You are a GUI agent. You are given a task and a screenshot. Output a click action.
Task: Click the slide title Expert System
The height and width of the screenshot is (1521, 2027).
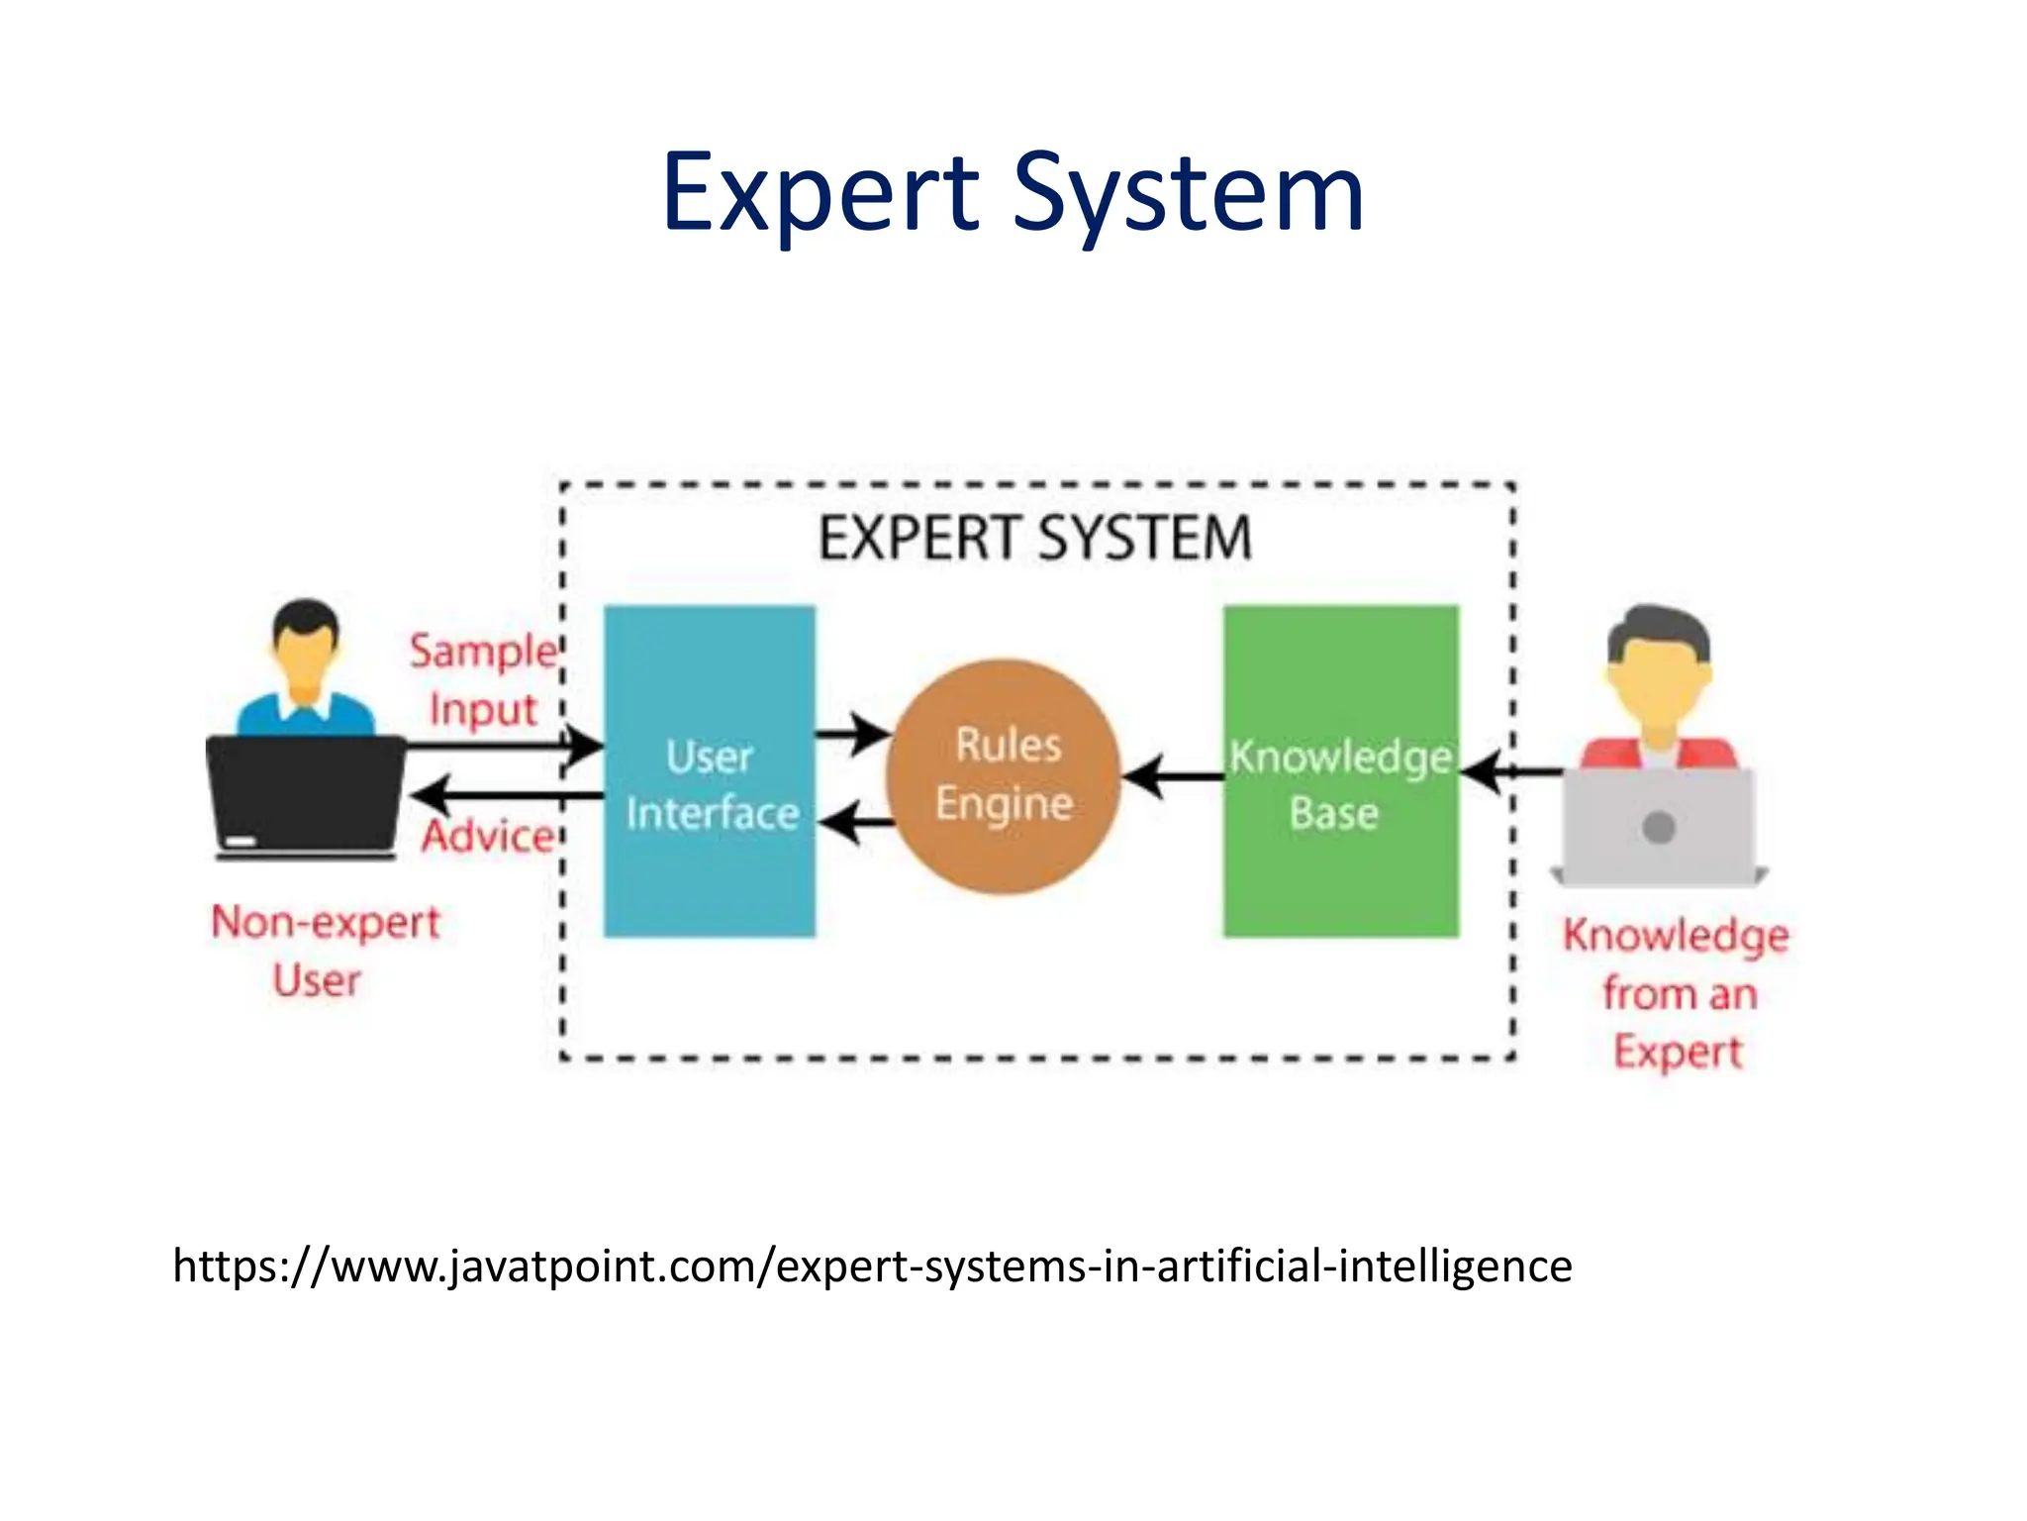click(x=1013, y=192)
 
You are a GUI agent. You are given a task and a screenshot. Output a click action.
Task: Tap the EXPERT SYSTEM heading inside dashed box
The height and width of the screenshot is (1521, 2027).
click(x=1035, y=539)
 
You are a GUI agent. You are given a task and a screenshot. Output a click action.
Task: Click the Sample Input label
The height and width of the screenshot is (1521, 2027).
click(x=484, y=680)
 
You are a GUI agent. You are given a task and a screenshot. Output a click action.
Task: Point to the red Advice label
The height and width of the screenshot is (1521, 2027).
click(x=488, y=837)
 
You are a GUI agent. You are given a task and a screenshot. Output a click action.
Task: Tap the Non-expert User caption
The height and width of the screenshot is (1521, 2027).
click(x=325, y=951)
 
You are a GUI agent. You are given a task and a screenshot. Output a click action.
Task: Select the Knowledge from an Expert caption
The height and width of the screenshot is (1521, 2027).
click(x=1677, y=992)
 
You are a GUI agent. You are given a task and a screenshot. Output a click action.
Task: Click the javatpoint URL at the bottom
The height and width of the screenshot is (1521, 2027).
click(x=872, y=1266)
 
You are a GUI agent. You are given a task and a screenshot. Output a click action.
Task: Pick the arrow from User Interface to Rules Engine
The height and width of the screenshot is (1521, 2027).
click(x=853, y=735)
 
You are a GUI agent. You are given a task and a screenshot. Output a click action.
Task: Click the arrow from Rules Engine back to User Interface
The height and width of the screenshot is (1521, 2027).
click(x=855, y=822)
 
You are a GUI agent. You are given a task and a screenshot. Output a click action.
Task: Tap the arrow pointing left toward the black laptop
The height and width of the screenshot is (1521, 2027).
click(x=505, y=795)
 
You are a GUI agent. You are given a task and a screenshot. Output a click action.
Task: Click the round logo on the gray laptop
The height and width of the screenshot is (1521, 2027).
click(x=1659, y=827)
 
